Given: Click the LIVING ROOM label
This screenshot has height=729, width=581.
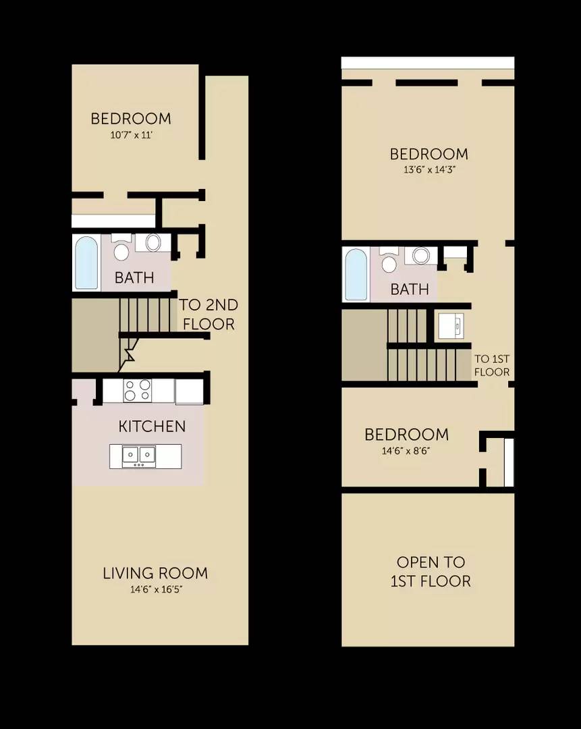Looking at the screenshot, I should (x=155, y=574).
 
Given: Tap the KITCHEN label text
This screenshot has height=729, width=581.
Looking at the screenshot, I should (x=152, y=427).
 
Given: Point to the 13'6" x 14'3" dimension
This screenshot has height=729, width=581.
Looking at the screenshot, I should (x=428, y=170).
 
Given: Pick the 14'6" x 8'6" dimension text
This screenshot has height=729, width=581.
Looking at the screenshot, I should (x=406, y=450).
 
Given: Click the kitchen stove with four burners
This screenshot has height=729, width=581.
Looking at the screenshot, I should (x=138, y=390).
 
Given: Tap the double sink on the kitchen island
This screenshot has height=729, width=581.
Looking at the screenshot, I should (x=138, y=456).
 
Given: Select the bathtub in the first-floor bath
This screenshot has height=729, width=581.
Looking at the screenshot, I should (x=86, y=262).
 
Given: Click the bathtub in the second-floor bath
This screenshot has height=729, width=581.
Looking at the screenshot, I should (x=356, y=274).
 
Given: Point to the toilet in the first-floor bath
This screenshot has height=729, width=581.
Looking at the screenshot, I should (x=121, y=248).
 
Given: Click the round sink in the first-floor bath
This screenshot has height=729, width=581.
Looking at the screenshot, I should (x=153, y=243).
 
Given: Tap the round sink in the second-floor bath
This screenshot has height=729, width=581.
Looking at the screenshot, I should (x=421, y=256).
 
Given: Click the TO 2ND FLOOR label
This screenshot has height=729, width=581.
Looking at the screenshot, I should (x=208, y=315).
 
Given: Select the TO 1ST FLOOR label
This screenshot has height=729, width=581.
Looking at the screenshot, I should (x=491, y=366).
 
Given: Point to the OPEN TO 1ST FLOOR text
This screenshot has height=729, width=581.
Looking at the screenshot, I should (x=431, y=572).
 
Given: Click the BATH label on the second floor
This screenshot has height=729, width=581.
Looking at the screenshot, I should (x=410, y=290).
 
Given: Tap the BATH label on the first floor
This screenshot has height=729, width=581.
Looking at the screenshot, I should (x=134, y=277).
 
